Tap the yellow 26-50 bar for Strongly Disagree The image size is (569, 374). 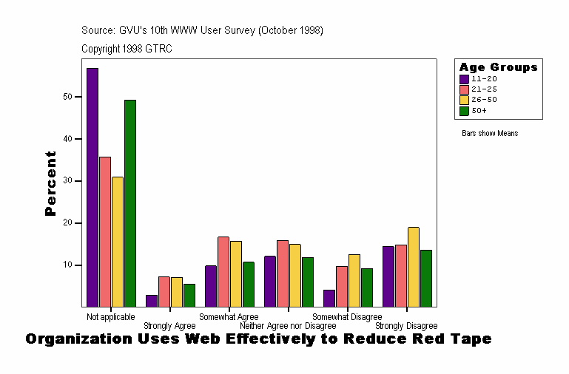click(414, 267)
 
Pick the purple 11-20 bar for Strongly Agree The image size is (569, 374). click(152, 301)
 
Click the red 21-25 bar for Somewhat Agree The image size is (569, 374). click(223, 271)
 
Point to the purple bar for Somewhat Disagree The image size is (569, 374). click(329, 298)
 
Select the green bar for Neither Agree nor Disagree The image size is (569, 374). click(308, 282)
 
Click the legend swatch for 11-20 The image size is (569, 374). click(464, 78)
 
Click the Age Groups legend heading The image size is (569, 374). click(498, 67)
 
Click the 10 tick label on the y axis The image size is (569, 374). click(67, 265)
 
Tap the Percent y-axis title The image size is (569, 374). click(50, 183)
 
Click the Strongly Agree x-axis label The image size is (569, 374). click(169, 326)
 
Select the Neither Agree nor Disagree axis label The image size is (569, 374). click(288, 326)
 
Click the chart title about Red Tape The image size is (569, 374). click(258, 339)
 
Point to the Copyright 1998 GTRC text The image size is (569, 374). click(127, 49)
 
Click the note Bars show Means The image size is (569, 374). click(490, 134)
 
